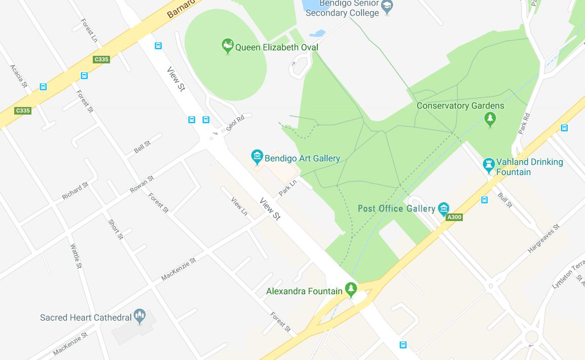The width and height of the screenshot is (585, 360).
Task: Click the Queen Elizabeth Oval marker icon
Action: [x=228, y=46]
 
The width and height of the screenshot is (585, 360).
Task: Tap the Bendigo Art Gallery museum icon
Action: [x=257, y=157]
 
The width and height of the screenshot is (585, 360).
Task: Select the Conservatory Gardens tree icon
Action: [x=490, y=119]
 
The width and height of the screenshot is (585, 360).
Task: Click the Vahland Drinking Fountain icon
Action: [x=489, y=165]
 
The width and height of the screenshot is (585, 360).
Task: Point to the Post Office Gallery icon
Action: [x=444, y=208]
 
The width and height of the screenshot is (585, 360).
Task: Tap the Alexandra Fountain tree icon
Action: [x=350, y=289]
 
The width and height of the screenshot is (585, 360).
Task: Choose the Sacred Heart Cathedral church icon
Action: [x=139, y=316]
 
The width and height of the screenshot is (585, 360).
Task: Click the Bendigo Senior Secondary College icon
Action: [x=387, y=7]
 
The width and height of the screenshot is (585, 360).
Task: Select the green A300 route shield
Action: [x=454, y=217]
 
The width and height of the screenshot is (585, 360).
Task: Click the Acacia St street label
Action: [x=18, y=76]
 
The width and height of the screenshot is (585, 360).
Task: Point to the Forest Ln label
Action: [x=89, y=31]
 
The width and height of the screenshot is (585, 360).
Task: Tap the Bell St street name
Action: [x=142, y=147]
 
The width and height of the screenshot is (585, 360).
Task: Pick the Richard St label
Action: [x=75, y=191]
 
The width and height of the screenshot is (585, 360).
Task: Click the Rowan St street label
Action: [x=141, y=185]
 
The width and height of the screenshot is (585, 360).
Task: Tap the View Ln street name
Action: [x=239, y=205]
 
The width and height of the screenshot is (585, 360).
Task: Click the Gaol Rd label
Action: [x=235, y=123]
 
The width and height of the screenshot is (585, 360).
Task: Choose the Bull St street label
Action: [x=505, y=200]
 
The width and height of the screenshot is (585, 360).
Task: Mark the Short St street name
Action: [x=116, y=229]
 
